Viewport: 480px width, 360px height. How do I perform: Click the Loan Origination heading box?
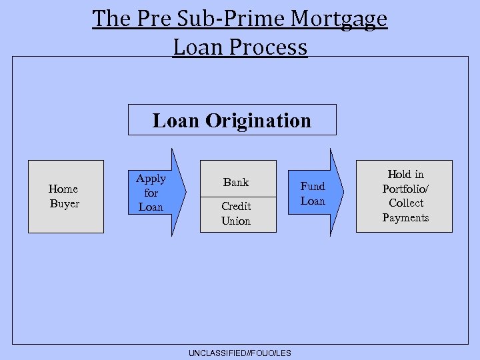(x=232, y=120)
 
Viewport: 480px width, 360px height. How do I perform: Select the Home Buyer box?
(x=65, y=197)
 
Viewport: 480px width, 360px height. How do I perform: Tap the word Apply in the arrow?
(x=151, y=179)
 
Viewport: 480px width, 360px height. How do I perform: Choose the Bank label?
(x=236, y=182)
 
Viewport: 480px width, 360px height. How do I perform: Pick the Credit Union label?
(x=236, y=213)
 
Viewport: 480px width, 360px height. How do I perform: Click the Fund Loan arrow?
(x=317, y=193)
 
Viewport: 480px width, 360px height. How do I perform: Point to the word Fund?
(x=313, y=186)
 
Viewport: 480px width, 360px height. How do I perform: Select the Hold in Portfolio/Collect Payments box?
(x=404, y=196)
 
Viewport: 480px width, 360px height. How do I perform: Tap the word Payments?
(x=405, y=217)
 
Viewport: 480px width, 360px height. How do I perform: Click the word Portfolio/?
(x=405, y=189)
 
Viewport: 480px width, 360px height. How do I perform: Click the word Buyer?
(x=65, y=204)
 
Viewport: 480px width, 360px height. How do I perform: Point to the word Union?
(x=236, y=221)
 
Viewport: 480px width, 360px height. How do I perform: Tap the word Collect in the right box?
(x=405, y=203)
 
